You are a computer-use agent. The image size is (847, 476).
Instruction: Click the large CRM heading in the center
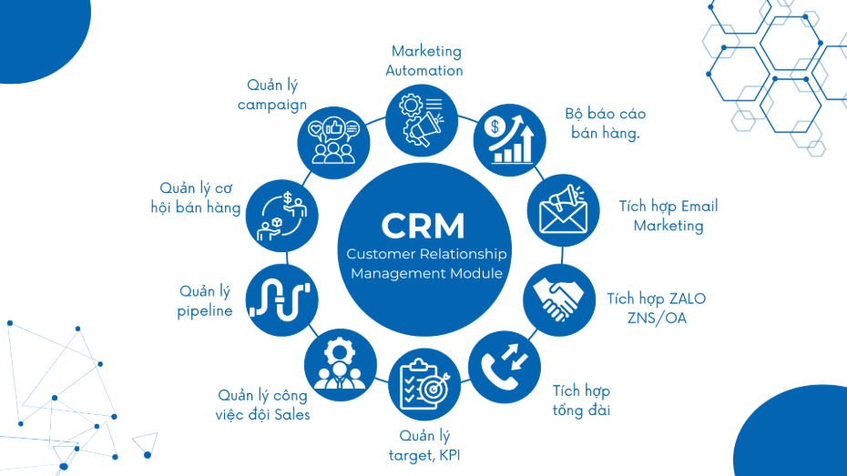pyautogui.click(x=423, y=224)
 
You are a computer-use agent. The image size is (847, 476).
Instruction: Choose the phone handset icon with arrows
pyautogui.click(x=502, y=361)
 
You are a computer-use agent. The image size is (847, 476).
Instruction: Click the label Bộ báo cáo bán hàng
pyautogui.click(x=606, y=124)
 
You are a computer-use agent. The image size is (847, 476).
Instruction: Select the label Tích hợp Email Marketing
pyautogui.click(x=668, y=216)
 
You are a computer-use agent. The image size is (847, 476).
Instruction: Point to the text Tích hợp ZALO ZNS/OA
pyautogui.click(x=656, y=309)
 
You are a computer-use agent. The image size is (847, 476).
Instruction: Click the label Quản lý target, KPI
pyautogui.click(x=424, y=445)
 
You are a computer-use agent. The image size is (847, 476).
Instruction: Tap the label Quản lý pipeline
pyautogui.click(x=205, y=301)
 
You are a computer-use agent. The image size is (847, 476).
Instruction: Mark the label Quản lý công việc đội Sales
pyautogui.click(x=263, y=405)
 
